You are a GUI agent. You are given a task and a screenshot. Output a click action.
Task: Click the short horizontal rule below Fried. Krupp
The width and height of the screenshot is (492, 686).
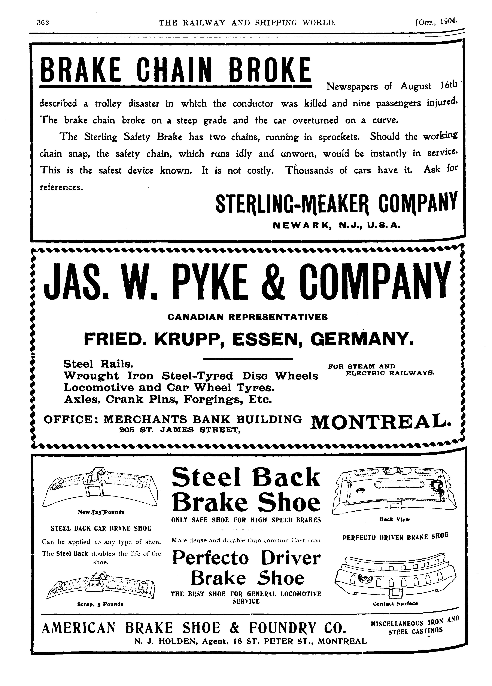(x=248, y=359)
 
